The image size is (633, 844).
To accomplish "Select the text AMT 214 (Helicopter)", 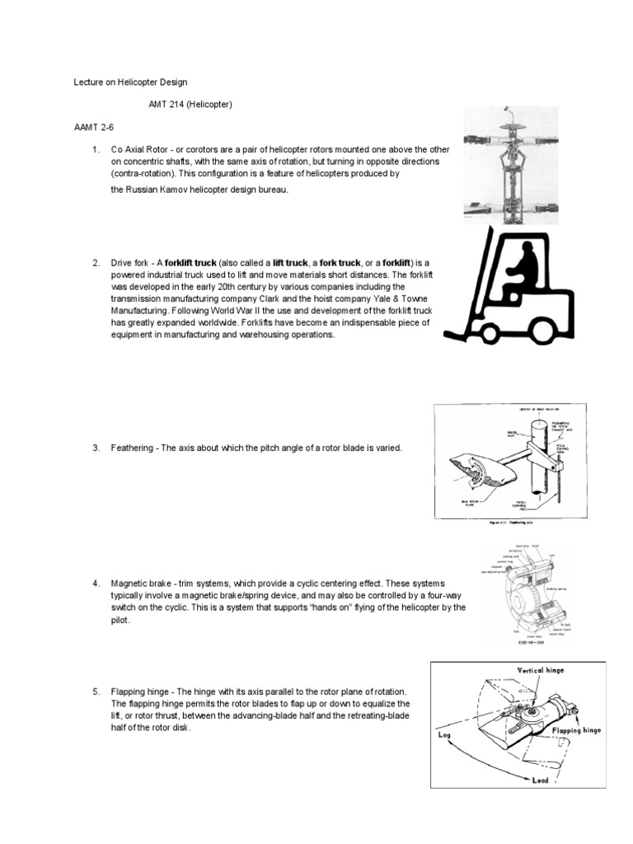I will (x=191, y=105).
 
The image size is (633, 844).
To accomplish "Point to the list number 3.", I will (x=96, y=448).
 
